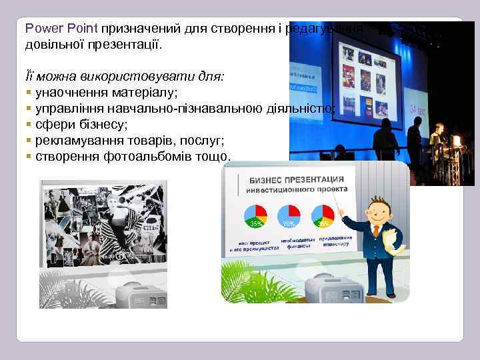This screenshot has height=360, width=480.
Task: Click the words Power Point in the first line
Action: coord(61,29)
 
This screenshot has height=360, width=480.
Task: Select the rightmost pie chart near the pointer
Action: coord(323,215)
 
